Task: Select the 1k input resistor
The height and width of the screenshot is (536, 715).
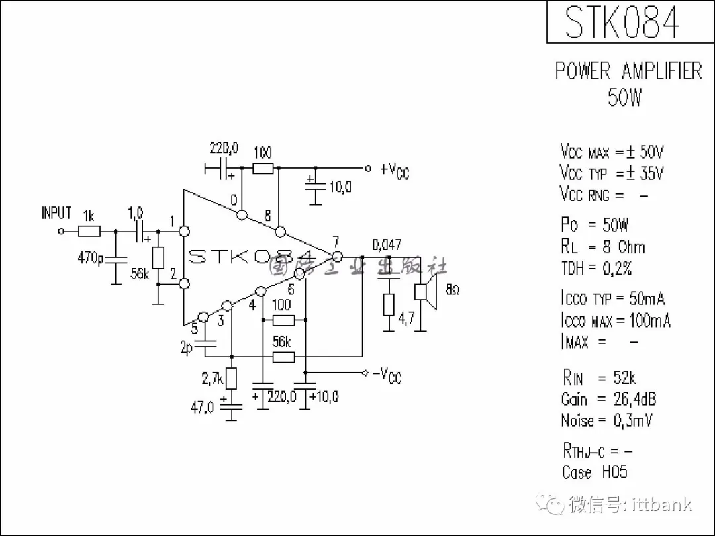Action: coord(89,231)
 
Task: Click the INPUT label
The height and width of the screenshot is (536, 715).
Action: coord(56,213)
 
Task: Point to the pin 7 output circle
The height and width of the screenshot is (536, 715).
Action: coord(337,256)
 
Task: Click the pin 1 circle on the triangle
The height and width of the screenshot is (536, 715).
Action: coord(185,231)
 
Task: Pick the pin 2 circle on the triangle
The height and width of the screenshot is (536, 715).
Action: coord(185,284)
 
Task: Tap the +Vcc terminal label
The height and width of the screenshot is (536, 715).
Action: coord(395,170)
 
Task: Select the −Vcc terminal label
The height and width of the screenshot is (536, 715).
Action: coord(387,375)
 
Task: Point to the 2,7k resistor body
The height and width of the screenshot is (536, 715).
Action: coord(231,379)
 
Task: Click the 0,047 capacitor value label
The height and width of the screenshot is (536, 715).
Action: coord(387,245)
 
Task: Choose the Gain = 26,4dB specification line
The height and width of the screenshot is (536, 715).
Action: coord(608,399)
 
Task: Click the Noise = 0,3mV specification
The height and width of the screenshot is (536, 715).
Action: coord(606,420)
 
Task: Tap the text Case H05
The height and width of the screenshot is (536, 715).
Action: coord(594,472)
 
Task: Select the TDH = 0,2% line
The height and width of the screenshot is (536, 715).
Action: coord(596,269)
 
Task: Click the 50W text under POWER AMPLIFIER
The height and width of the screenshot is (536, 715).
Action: coord(624,97)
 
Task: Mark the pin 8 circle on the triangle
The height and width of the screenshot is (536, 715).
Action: coord(280,232)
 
